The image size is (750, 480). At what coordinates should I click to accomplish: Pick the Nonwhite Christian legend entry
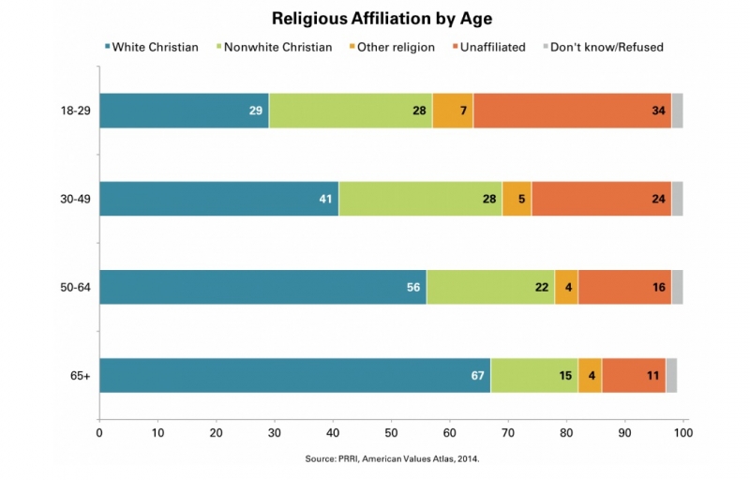point(277,47)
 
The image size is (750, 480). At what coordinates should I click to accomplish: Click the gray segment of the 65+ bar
point(671,375)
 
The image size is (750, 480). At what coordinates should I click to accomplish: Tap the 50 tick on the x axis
point(391,432)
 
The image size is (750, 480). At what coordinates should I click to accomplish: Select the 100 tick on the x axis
point(683,432)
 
